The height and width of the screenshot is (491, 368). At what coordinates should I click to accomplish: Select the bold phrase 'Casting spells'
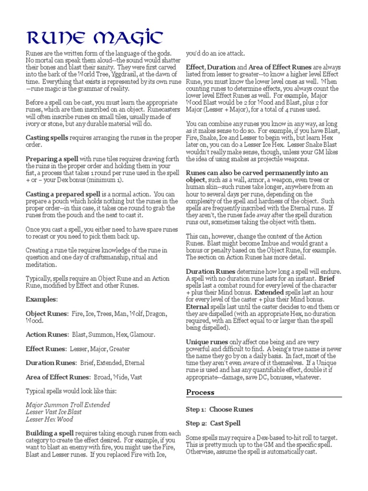[47, 138]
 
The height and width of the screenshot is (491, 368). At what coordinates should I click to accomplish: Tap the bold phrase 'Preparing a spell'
[52, 159]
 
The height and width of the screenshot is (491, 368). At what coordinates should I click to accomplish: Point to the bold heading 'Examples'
[41, 299]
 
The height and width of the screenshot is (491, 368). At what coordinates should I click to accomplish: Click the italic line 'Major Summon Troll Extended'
[68, 405]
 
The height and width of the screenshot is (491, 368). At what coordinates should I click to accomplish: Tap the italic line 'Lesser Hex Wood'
[49, 419]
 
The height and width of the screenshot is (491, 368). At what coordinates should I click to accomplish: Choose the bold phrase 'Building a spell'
[49, 433]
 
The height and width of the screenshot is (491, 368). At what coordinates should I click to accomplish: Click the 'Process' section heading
[200, 392]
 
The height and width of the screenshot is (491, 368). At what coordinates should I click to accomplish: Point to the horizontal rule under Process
[264, 397]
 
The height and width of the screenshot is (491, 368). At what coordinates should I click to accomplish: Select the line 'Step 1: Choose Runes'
[219, 409]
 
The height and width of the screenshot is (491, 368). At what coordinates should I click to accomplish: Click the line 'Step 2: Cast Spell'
[213, 423]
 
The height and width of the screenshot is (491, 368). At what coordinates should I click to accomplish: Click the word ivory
[34, 124]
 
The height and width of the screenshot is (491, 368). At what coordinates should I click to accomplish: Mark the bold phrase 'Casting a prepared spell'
[63, 194]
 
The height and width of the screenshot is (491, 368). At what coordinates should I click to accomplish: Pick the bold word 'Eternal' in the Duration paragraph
[197, 307]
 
